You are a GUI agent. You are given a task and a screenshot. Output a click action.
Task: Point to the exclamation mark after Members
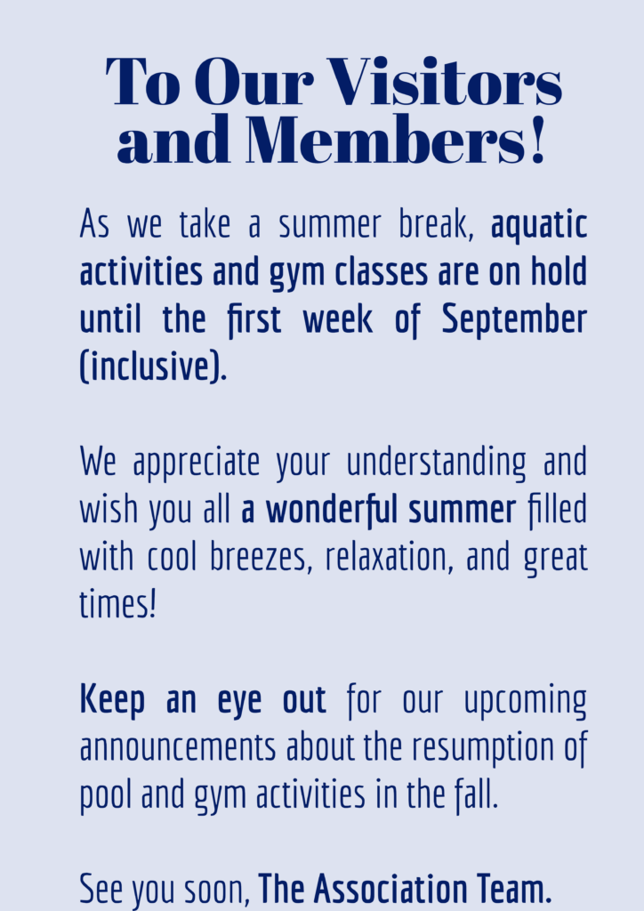point(538,139)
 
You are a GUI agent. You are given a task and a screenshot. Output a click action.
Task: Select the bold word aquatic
point(539,225)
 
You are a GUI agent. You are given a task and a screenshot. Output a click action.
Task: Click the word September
point(514,320)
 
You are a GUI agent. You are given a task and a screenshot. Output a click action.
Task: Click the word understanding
point(436,463)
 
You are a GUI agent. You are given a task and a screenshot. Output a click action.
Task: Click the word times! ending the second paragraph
point(118,604)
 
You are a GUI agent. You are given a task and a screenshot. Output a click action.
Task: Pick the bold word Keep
point(112,701)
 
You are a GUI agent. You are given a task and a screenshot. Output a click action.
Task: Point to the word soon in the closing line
point(217,890)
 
